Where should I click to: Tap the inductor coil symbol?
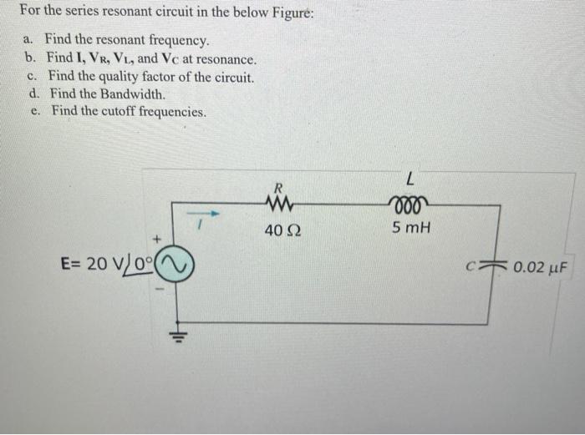click(x=409, y=203)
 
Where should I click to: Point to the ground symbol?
click(x=177, y=336)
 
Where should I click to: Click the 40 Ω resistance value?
click(x=277, y=230)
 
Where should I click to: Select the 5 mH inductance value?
click(x=410, y=227)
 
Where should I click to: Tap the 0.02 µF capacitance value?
click(x=540, y=268)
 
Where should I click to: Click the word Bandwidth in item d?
click(x=133, y=94)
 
